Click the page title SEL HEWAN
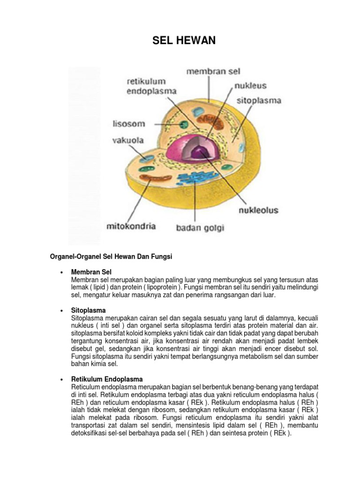point(184,41)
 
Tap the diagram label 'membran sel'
point(213,72)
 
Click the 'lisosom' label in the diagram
point(129,124)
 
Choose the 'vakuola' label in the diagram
point(127,140)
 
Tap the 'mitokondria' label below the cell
point(131,226)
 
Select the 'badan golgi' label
point(200,228)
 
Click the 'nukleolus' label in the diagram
point(259,210)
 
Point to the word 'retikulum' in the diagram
point(146,82)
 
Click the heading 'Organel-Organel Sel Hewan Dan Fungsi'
point(112,257)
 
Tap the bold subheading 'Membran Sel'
point(91,272)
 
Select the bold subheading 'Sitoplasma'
point(89,310)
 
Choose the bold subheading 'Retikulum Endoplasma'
point(107,379)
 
